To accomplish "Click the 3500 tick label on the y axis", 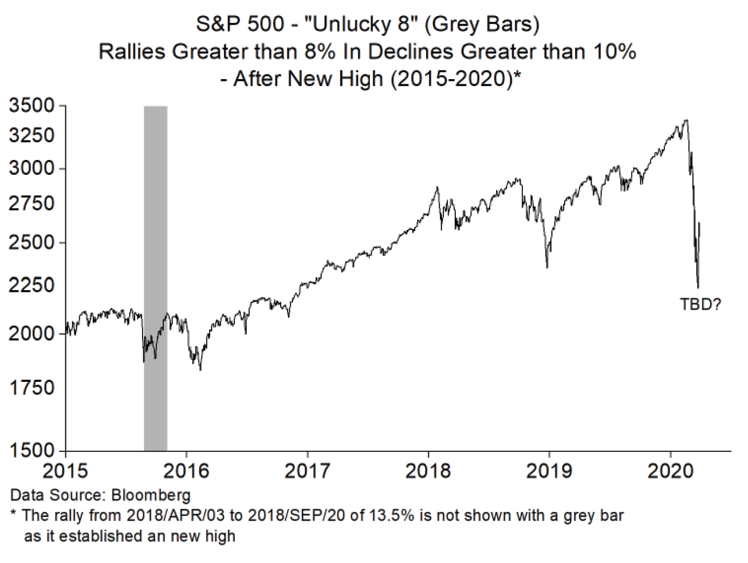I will (32, 106).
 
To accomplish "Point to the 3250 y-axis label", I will (32, 136).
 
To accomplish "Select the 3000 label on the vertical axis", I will (32, 169).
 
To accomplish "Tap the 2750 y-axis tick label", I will (32, 204).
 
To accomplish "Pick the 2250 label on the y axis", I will (32, 286).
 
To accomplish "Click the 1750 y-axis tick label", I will (32, 388).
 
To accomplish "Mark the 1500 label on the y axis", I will (32, 451).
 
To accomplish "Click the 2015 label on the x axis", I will (65, 471).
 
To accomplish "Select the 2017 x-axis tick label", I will (308, 471).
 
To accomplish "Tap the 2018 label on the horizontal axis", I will (428, 471).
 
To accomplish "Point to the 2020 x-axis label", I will (671, 471).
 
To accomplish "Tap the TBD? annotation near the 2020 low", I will (700, 304).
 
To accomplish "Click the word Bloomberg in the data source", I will (151, 495).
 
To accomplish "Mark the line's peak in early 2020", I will (686, 120).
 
